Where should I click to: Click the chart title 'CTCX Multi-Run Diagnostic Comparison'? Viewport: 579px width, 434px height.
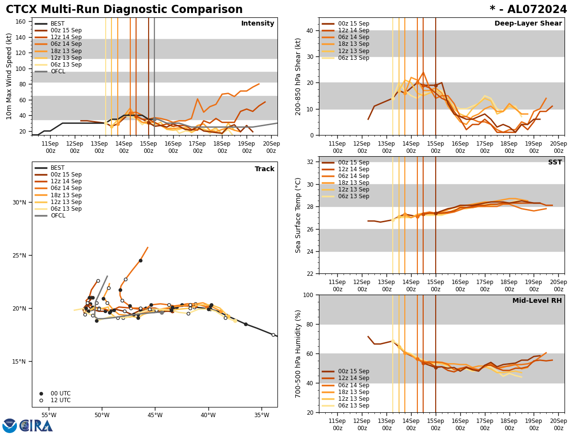click(124, 10)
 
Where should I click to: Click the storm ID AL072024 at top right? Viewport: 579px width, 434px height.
click(528, 10)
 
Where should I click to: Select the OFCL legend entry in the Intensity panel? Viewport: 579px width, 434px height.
click(57, 72)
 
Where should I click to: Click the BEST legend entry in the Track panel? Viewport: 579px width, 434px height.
click(57, 168)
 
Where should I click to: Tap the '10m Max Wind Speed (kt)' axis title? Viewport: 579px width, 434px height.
click(9, 76)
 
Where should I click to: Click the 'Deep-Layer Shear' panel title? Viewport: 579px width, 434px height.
click(528, 24)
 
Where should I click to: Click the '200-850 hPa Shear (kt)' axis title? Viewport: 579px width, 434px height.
click(298, 76)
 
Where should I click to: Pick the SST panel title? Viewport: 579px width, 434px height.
click(554, 163)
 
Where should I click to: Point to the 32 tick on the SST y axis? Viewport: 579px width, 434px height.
click(310, 162)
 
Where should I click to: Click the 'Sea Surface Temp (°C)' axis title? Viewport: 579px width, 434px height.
click(298, 215)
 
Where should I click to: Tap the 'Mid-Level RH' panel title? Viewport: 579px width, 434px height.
click(537, 301)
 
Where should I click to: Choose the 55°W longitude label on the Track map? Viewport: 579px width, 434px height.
click(49, 415)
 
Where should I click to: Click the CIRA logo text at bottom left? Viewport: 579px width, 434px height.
click(36, 425)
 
